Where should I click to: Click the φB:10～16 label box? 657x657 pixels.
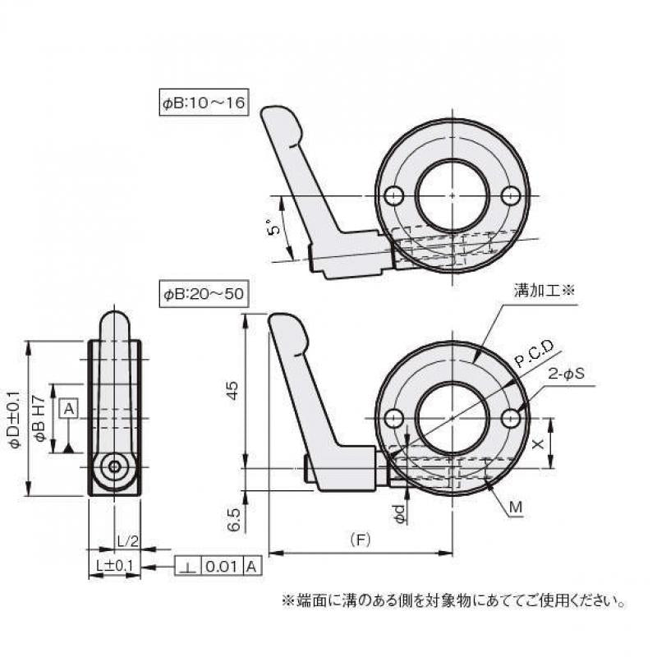[x=203, y=104]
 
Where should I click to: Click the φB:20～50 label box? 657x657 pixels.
[x=203, y=293]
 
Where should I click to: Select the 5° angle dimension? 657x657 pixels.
[x=277, y=229]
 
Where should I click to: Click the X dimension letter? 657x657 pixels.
[x=537, y=443]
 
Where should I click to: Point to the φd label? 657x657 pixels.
[x=399, y=514]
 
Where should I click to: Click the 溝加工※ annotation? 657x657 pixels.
[x=546, y=290]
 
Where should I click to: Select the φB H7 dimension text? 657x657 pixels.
[x=38, y=419]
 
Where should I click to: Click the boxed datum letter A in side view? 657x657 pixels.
[x=68, y=408]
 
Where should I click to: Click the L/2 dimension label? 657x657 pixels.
[x=126, y=542]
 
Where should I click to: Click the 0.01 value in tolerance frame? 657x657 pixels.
[x=219, y=566]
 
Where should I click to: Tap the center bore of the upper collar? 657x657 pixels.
[x=453, y=195]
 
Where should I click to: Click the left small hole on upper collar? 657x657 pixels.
[x=394, y=195]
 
